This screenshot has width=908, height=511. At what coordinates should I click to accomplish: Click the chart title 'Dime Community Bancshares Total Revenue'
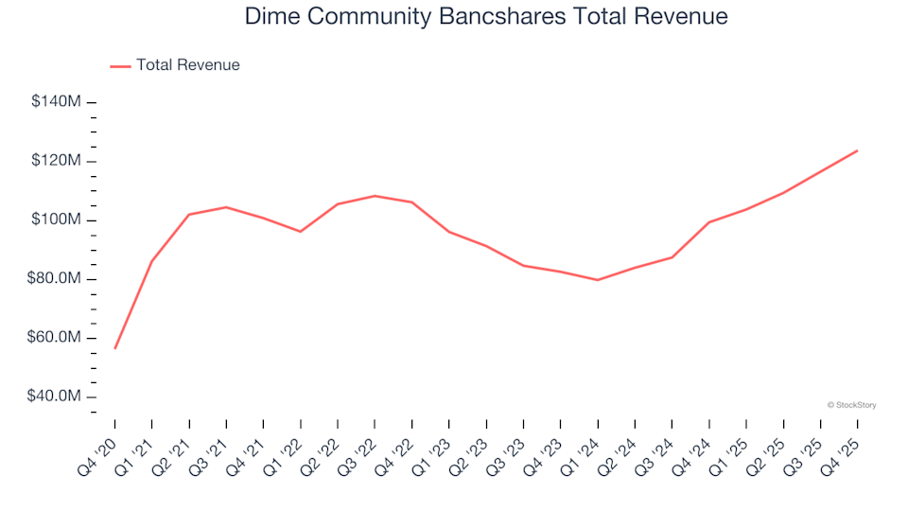pos(486,16)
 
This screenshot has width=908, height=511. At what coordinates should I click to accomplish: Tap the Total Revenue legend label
pos(187,65)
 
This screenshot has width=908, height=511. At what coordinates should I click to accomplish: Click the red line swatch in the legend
pos(120,66)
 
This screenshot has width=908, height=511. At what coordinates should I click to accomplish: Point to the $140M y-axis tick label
pos(56,102)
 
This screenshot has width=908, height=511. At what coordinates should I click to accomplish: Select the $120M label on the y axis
pos(56,161)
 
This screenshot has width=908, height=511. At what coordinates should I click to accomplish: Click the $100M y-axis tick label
pos(56,220)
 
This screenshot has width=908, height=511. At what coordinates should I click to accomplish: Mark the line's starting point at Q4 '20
pos(115,348)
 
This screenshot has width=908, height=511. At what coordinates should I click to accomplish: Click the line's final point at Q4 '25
pos(857,150)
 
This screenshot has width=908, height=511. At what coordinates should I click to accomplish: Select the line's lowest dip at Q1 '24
pos(598,280)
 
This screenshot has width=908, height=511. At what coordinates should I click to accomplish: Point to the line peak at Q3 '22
pos(375,196)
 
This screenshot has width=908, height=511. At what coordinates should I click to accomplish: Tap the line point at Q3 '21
pos(226,207)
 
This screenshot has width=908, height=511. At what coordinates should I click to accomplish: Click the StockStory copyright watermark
pos(851,405)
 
